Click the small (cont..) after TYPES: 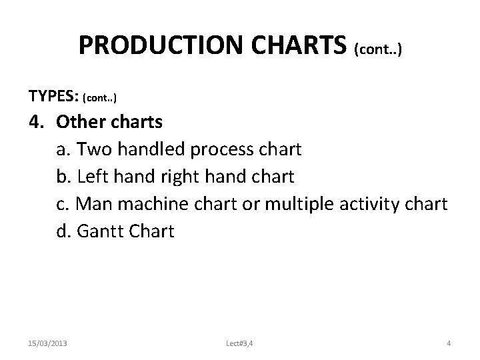click(x=99, y=98)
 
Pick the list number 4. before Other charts click(x=37, y=122)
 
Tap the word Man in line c click(x=94, y=204)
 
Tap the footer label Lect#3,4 click(x=239, y=343)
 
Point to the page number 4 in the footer click(x=449, y=343)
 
